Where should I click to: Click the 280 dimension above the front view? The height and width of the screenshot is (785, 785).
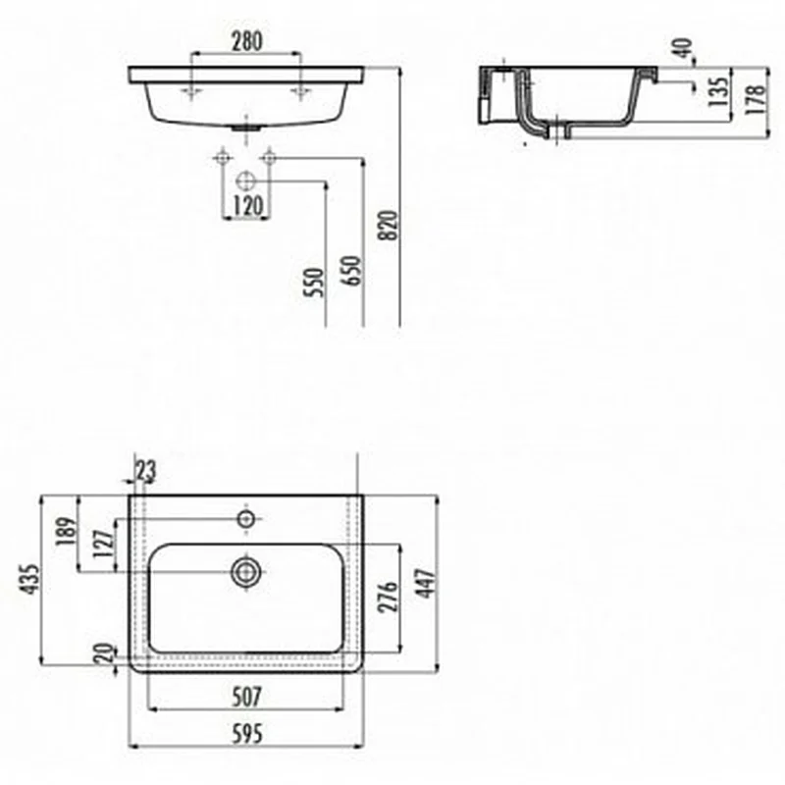point(247,41)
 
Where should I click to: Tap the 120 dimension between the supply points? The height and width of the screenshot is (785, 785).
point(248,205)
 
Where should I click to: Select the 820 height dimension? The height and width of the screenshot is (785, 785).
point(389,226)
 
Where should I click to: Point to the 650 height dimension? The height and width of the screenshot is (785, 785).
point(351,271)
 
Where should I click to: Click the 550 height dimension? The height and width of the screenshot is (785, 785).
point(315,283)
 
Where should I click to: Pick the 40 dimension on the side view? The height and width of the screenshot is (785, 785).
point(684,48)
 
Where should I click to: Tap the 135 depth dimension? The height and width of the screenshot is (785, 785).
point(718,91)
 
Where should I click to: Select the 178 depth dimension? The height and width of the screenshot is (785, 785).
point(756,99)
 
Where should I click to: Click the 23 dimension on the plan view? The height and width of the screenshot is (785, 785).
point(145,471)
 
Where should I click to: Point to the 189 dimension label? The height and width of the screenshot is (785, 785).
point(67,531)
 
